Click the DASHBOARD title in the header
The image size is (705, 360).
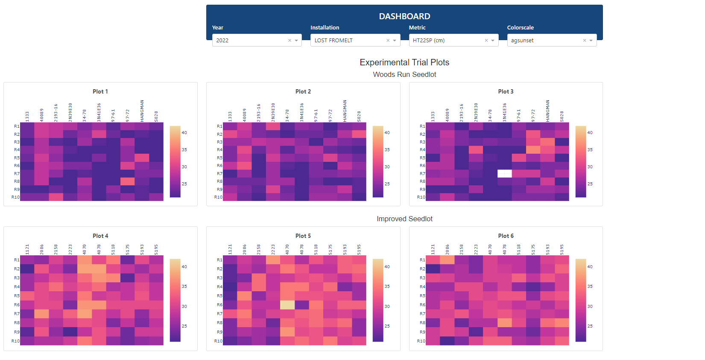point(404,16)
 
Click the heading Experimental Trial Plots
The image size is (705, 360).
point(404,62)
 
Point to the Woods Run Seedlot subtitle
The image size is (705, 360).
point(404,75)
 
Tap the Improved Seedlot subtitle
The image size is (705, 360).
point(404,219)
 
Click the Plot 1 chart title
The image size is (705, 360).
point(100,92)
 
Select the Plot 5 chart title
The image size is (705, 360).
point(303,236)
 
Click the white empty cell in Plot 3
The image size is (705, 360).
point(505,173)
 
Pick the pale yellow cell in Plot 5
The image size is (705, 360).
point(287,305)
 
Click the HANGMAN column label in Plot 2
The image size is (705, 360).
point(345,111)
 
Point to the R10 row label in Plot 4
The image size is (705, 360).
point(15,341)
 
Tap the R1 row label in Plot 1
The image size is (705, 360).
point(17,126)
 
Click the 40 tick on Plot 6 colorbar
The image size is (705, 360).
point(590,267)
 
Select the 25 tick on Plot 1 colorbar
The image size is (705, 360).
point(184,184)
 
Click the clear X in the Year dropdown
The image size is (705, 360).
point(290,41)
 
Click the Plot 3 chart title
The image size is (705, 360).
point(506,92)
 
